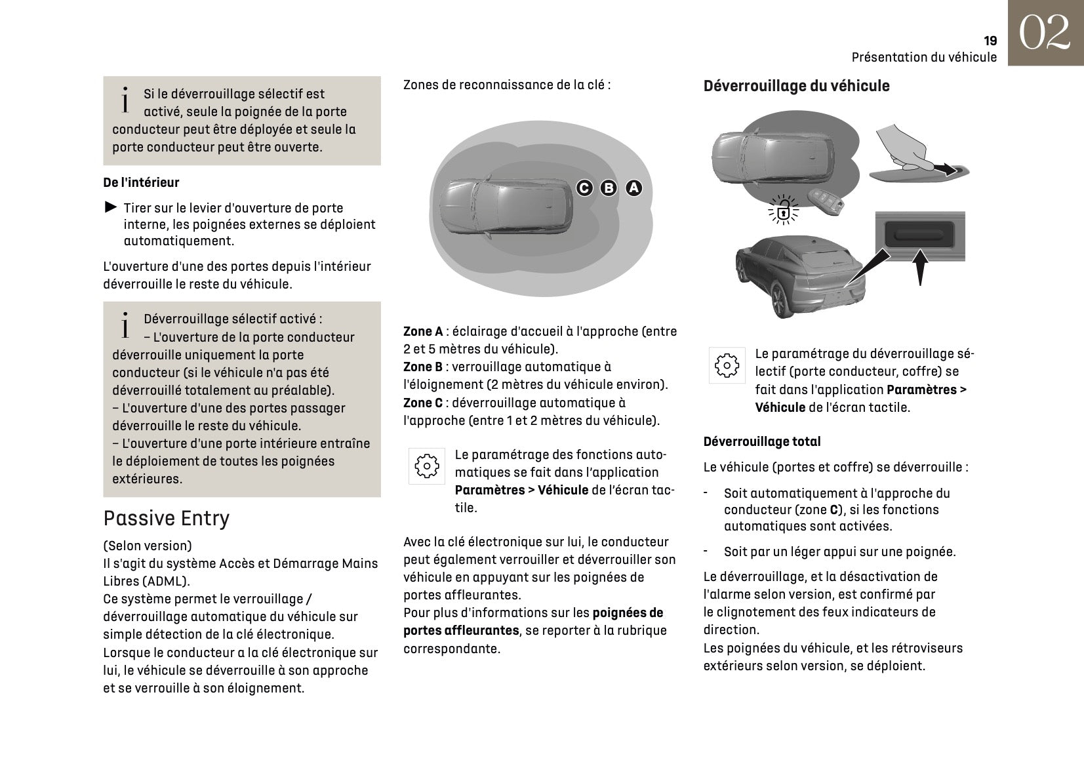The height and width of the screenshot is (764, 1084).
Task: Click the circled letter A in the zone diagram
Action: (x=633, y=188)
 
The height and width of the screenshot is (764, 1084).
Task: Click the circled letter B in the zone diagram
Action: (x=609, y=188)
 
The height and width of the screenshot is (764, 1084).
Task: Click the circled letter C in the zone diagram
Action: (x=584, y=188)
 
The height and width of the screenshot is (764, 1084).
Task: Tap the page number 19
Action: (x=990, y=41)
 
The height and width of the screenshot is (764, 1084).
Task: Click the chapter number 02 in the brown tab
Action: (x=1045, y=33)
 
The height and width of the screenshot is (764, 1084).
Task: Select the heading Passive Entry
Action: (x=167, y=518)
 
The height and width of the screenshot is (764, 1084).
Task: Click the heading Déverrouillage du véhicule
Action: (x=796, y=86)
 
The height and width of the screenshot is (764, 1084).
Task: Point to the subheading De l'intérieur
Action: (x=141, y=182)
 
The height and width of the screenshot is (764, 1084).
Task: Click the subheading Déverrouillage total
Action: (x=762, y=441)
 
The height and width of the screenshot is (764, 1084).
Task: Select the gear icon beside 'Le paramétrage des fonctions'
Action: (x=427, y=466)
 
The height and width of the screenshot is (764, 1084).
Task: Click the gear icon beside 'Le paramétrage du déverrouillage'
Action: (x=727, y=365)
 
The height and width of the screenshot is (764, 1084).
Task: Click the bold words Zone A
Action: (x=423, y=332)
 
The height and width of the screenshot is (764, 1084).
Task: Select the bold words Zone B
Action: (x=423, y=367)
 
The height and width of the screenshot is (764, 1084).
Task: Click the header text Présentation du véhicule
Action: (x=924, y=57)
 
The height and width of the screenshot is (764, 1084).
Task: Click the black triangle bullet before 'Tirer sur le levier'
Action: (x=111, y=208)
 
